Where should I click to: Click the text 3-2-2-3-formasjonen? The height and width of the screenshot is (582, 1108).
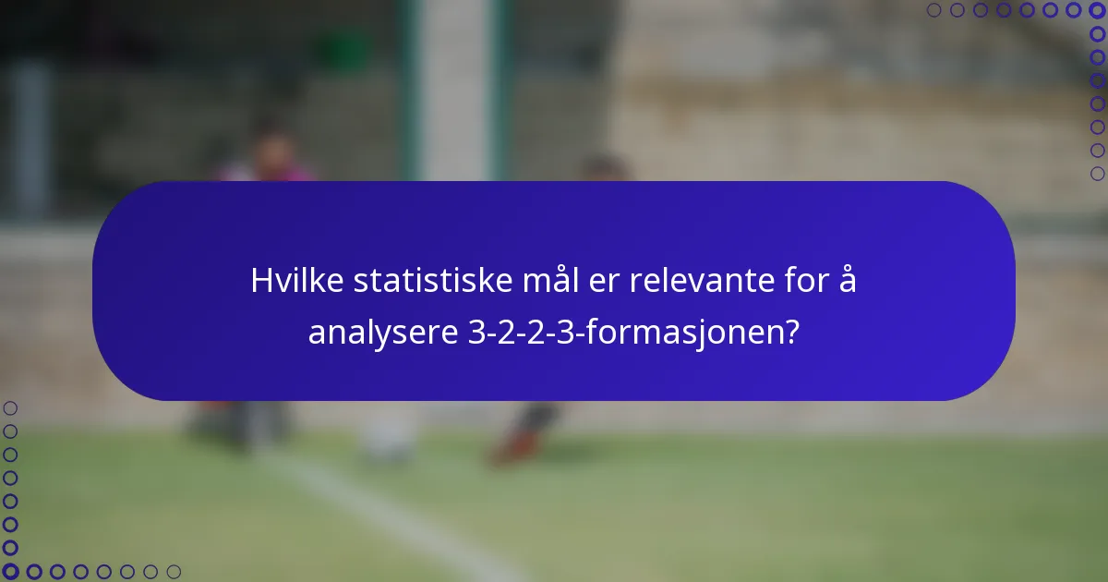[624, 333]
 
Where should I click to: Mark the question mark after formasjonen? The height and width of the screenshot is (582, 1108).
[791, 333]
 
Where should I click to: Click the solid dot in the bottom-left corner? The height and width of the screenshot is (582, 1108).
[11, 572]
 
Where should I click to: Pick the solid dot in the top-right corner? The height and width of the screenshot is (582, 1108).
[1097, 10]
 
